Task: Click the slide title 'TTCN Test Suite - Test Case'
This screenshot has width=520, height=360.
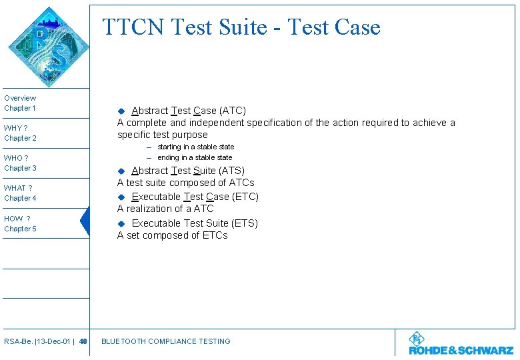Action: [241, 27]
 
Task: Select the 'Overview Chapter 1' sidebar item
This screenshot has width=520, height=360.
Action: [20, 103]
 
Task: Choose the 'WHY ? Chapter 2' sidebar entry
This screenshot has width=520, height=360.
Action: [20, 133]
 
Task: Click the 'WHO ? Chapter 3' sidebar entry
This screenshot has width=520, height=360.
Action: [20, 163]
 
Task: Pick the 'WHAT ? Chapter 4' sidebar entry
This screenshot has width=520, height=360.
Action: [20, 193]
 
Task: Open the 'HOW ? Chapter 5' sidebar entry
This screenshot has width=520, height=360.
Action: [20, 224]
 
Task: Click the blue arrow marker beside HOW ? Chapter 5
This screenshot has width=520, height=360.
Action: [85, 222]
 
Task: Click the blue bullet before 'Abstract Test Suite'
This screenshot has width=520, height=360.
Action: [121, 171]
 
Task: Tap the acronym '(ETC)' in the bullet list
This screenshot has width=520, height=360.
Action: [245, 197]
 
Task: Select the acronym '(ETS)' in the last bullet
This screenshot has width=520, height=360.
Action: [244, 223]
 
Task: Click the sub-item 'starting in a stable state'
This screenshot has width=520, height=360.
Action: [195, 147]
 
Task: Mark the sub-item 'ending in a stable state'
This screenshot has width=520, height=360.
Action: [195, 157]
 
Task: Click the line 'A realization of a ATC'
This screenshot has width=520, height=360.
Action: [165, 209]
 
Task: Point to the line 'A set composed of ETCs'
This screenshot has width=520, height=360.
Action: [173, 235]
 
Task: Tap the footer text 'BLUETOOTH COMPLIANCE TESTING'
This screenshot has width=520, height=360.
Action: [165, 341]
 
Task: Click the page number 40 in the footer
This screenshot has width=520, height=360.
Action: [83, 341]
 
